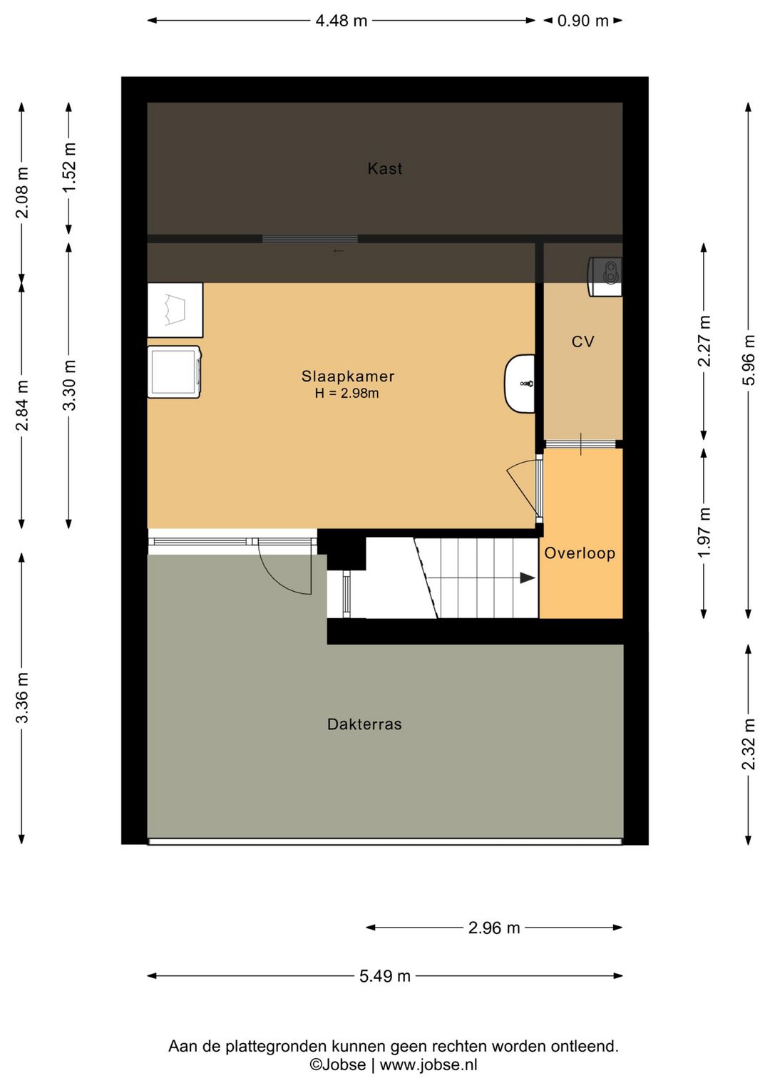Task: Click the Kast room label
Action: click(385, 168)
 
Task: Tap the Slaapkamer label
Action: click(348, 376)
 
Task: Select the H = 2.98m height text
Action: click(347, 393)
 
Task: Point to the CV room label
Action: click(582, 342)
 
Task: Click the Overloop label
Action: click(580, 553)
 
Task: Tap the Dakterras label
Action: click(364, 724)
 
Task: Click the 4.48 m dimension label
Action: click(341, 21)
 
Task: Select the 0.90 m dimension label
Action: click(583, 21)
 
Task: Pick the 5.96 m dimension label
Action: click(749, 360)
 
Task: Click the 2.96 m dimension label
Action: click(494, 928)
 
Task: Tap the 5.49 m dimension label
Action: click(385, 976)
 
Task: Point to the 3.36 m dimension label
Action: click(22, 698)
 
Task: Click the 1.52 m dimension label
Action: click(69, 168)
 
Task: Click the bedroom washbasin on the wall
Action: click(520, 384)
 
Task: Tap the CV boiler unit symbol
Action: click(605, 277)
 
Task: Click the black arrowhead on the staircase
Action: click(528, 578)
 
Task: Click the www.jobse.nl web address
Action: click(428, 1065)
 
